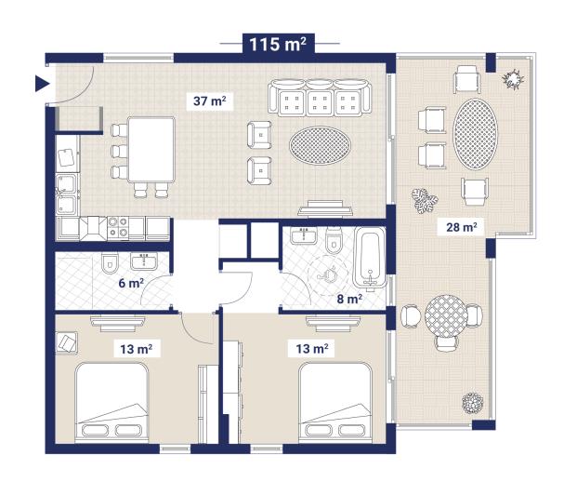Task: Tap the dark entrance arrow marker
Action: click(x=41, y=84)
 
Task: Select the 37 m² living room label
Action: click(x=212, y=100)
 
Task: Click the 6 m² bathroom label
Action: click(x=130, y=283)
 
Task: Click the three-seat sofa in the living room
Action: click(x=320, y=98)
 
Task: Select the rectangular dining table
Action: click(x=151, y=149)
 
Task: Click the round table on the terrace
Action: click(x=444, y=317)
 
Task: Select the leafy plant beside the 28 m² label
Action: click(x=426, y=202)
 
